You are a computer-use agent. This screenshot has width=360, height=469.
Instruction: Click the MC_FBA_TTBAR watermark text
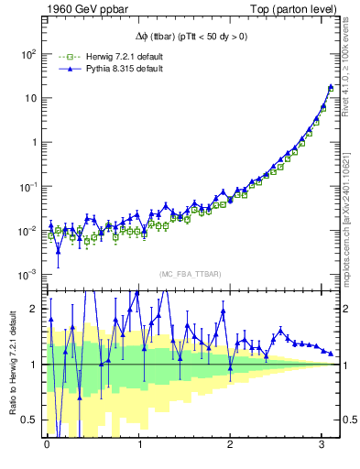191,275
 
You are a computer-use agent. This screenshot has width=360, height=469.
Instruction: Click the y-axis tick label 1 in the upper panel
35,143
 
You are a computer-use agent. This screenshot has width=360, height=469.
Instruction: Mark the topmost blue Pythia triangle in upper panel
331,87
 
